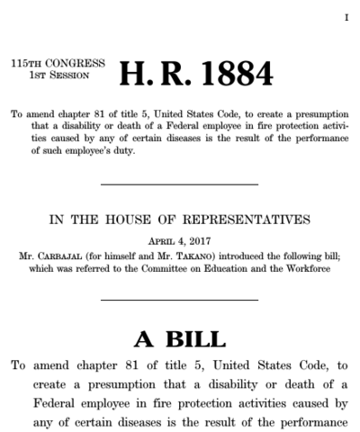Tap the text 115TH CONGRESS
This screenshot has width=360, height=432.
[x=58, y=65]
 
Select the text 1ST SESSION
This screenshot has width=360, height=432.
[x=66, y=77]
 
